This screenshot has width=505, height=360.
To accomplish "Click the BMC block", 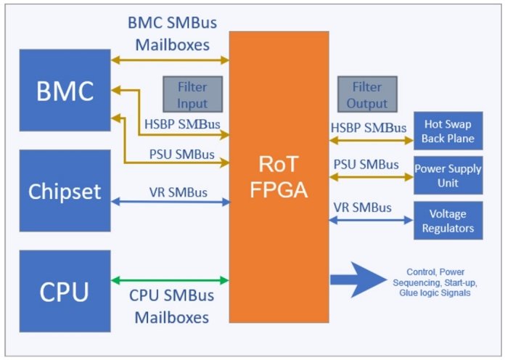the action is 65,90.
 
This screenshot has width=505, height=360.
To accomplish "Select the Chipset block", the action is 65,190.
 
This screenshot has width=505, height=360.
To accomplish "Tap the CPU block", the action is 65,291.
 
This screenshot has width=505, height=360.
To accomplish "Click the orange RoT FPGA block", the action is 279,177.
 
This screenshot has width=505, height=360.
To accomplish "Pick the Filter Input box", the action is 192,94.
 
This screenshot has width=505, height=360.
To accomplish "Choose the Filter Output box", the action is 367,94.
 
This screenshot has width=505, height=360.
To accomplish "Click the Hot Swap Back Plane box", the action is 448,131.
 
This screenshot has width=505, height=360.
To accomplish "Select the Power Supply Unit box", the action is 448,176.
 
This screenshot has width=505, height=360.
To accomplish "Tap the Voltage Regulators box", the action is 448,221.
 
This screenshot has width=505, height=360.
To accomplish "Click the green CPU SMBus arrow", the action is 170,280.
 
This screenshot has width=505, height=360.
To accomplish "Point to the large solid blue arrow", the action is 358,279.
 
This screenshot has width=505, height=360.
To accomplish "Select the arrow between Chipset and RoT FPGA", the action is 171,202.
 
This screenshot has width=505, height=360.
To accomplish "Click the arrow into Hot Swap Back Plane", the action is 371,140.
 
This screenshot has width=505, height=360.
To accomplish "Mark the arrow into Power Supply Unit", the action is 371,176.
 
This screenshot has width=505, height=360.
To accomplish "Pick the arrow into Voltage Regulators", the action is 371,220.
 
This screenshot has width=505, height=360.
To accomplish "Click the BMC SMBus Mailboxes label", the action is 172,33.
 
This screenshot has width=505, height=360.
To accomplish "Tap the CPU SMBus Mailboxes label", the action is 172,306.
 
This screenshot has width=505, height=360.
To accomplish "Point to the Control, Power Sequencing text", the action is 435,282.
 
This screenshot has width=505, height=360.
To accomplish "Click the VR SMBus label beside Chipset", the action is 178,192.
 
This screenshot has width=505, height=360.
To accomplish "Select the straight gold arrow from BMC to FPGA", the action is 170,60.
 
